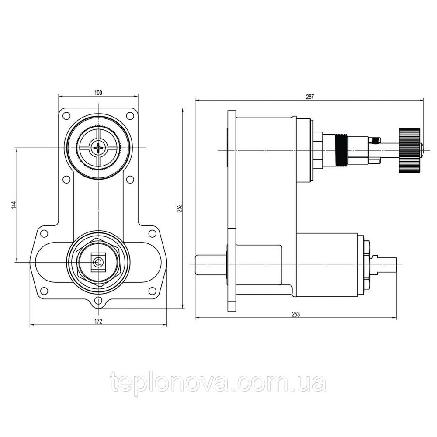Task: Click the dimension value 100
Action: (x=98, y=93)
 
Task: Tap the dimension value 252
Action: (x=180, y=208)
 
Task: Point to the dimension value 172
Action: (x=98, y=321)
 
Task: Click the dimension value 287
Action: (x=310, y=97)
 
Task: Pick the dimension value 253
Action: (x=296, y=314)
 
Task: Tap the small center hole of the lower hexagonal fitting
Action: (x=98, y=262)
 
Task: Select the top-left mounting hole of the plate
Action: (x=66, y=115)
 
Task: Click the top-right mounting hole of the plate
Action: (x=130, y=115)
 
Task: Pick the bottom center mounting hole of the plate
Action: (x=98, y=300)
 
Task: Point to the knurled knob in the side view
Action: (x=409, y=150)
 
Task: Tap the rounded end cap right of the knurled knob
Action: (x=422, y=150)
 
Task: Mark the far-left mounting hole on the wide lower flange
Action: (x=43, y=233)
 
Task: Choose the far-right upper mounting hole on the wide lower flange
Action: (x=152, y=233)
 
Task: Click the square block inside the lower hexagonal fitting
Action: (x=98, y=262)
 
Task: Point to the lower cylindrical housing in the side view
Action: (x=326, y=265)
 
